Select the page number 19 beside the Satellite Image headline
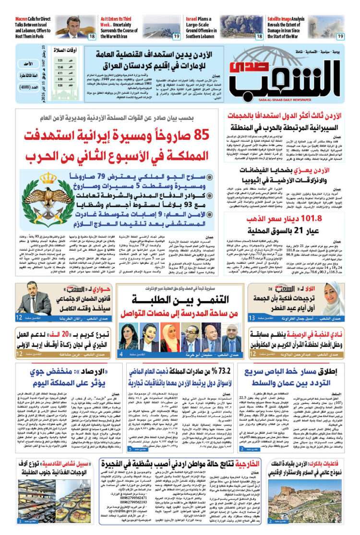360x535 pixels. (x=340, y=36)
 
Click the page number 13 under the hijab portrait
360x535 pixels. (x=252, y=317)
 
